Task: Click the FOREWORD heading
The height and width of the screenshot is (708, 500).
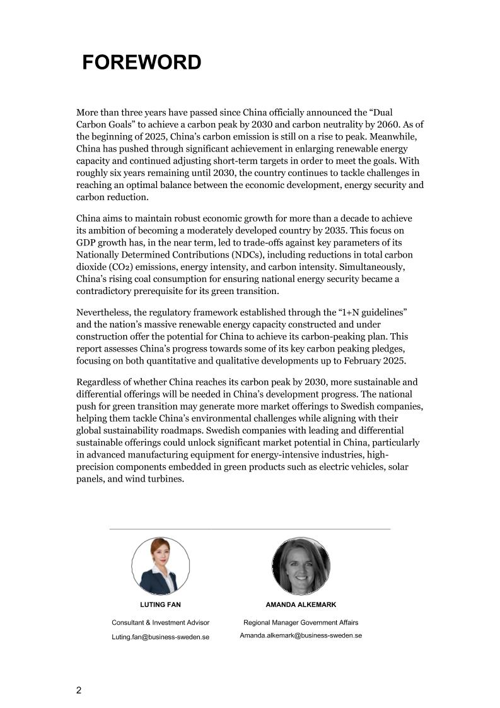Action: (142, 62)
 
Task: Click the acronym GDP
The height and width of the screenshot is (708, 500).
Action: (86, 242)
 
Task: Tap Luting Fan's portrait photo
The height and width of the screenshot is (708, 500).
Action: (160, 566)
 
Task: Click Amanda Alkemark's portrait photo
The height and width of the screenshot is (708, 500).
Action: (301, 566)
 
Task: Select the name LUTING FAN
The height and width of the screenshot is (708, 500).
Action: (160, 605)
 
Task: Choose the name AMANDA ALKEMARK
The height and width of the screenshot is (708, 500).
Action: (301, 605)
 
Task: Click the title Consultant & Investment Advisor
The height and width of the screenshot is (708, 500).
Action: (160, 623)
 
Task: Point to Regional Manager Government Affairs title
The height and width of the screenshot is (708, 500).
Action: (301, 623)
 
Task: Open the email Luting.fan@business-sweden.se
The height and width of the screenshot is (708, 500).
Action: (160, 637)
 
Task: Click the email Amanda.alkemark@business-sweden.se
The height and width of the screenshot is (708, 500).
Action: (301, 635)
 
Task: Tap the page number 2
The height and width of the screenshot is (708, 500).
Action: (79, 690)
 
